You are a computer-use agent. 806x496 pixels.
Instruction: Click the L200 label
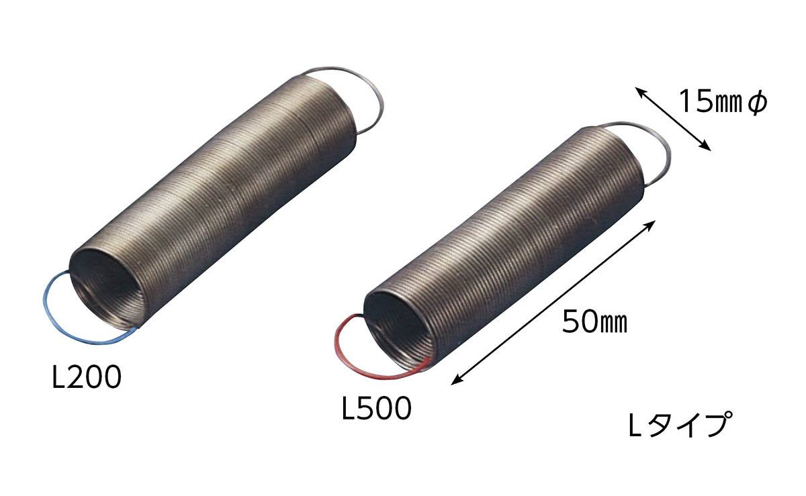coord(87,377)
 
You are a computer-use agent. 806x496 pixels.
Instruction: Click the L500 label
coord(376,408)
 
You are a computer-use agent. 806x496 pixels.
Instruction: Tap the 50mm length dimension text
coord(594,321)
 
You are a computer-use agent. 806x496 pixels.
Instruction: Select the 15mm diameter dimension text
coord(723,102)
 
